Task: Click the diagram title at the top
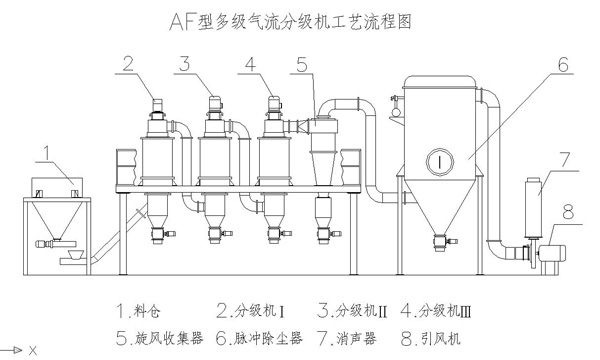[290, 22]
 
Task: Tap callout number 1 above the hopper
[47, 153]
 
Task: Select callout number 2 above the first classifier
[129, 64]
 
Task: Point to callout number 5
[302, 64]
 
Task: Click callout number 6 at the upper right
[563, 64]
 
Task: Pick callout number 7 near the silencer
[564, 160]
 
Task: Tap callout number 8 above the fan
[568, 212]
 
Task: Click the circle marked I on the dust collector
[440, 161]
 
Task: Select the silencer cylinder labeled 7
[533, 208]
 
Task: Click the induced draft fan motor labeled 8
[552, 253]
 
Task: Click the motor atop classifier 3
[215, 103]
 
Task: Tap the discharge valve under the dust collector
[442, 242]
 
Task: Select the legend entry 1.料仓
[138, 310]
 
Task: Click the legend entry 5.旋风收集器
[159, 339]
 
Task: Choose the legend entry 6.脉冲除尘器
[259, 339]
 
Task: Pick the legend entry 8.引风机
[431, 339]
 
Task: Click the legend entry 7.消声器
[347, 339]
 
